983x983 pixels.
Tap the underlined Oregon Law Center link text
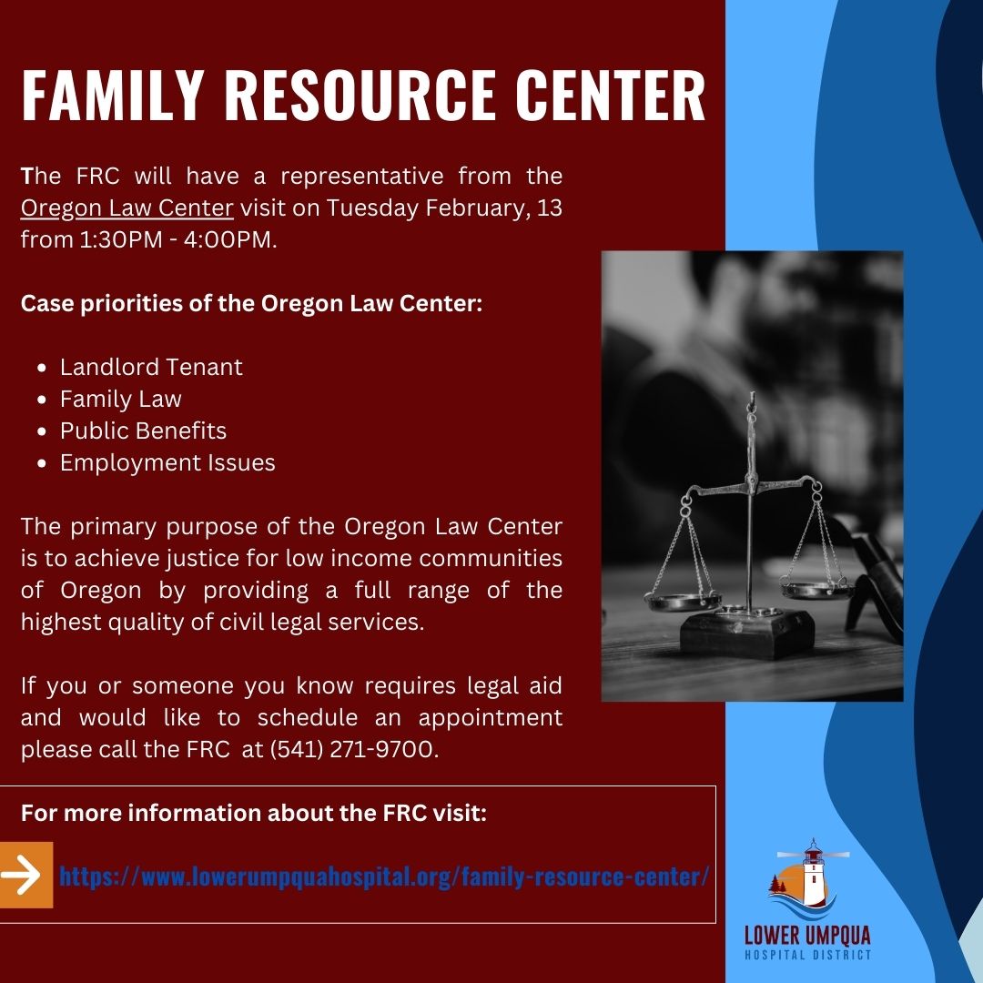pos(127,208)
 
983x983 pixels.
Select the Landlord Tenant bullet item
pos(151,367)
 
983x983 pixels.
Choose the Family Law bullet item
pos(121,400)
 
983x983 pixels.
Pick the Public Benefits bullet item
pos(144,431)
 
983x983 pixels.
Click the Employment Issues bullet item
pos(167,462)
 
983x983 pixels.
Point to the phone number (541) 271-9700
pos(353,749)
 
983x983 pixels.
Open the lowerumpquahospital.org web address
pos(384,876)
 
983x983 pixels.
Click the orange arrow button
pos(25,875)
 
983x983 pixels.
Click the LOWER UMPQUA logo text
pos(807,936)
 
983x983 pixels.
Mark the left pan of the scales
pos(684,602)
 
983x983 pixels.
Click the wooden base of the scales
pos(747,633)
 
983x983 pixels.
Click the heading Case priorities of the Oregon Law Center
pos(251,303)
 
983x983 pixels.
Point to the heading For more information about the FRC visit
pos(254,813)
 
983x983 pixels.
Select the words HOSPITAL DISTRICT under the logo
pos(807,956)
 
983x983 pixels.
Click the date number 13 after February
pos(549,208)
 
